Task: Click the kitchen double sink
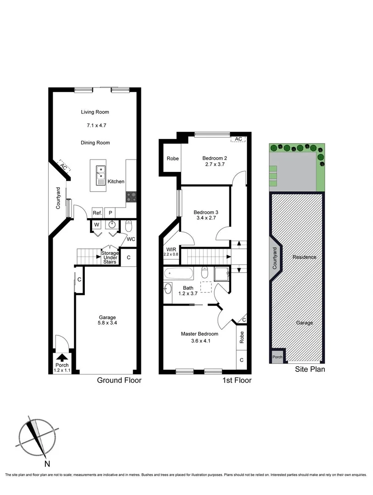100,175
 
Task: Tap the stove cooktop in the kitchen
131,196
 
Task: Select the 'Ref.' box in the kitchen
97,213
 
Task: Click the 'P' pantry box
110,213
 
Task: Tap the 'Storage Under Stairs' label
110,257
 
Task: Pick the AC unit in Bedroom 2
238,139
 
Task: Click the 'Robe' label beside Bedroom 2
173,159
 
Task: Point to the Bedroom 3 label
206,212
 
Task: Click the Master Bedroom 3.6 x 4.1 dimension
199,341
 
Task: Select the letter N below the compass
47,464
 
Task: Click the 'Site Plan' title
310,369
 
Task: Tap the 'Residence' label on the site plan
304,257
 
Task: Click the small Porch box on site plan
277,357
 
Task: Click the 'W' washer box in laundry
97,225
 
